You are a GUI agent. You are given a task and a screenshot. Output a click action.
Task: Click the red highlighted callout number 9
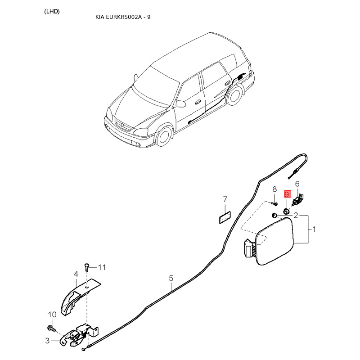(287, 194)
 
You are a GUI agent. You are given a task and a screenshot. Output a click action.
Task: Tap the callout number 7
(225, 199)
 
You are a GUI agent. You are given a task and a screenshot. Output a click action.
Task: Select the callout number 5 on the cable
(171, 279)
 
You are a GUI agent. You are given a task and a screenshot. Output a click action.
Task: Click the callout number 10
(52, 314)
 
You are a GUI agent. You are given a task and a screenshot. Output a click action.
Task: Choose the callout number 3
(47, 341)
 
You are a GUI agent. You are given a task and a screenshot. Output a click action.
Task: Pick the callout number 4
(76, 274)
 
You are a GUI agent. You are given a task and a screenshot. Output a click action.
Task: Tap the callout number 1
(314, 229)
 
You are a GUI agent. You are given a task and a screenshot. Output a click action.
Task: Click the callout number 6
(297, 184)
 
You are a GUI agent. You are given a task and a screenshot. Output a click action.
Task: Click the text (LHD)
(52, 11)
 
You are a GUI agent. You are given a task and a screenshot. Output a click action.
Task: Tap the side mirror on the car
(181, 104)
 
